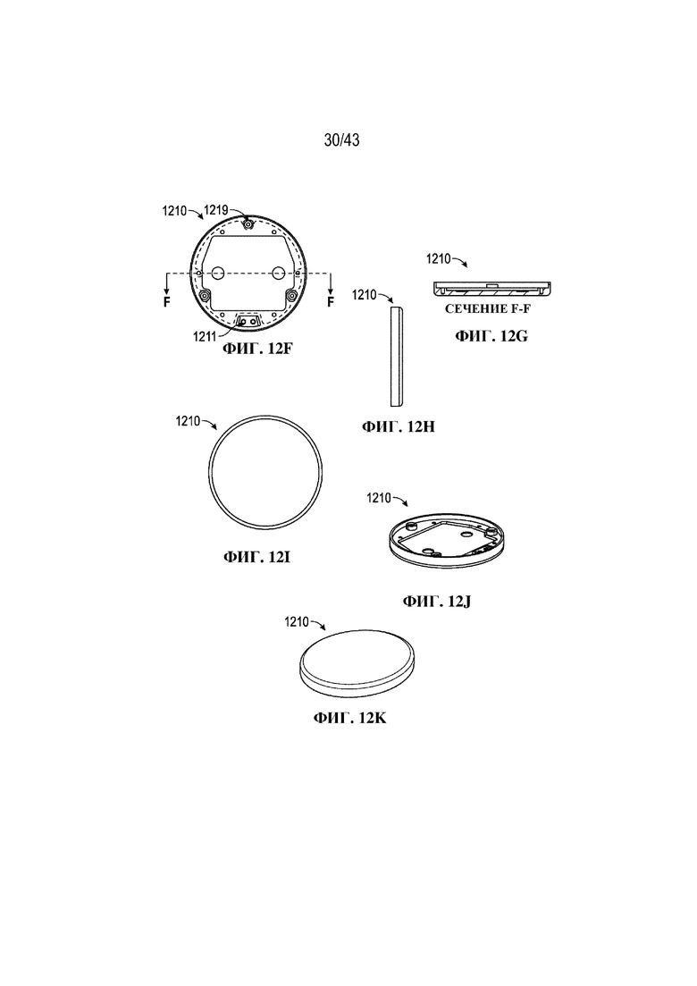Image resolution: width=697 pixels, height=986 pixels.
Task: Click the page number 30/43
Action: click(342, 139)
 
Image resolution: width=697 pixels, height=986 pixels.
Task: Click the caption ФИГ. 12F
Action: click(257, 348)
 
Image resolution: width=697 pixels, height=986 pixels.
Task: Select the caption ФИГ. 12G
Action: click(491, 336)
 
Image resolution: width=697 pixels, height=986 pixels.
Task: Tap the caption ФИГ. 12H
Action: click(399, 427)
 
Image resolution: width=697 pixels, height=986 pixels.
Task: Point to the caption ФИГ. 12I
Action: click(256, 557)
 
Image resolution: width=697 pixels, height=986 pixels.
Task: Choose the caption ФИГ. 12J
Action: click(437, 601)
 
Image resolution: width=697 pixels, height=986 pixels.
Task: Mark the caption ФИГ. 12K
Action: click(350, 718)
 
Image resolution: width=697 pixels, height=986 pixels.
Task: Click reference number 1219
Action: click(215, 211)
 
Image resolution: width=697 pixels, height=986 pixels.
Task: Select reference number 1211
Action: click(205, 336)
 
